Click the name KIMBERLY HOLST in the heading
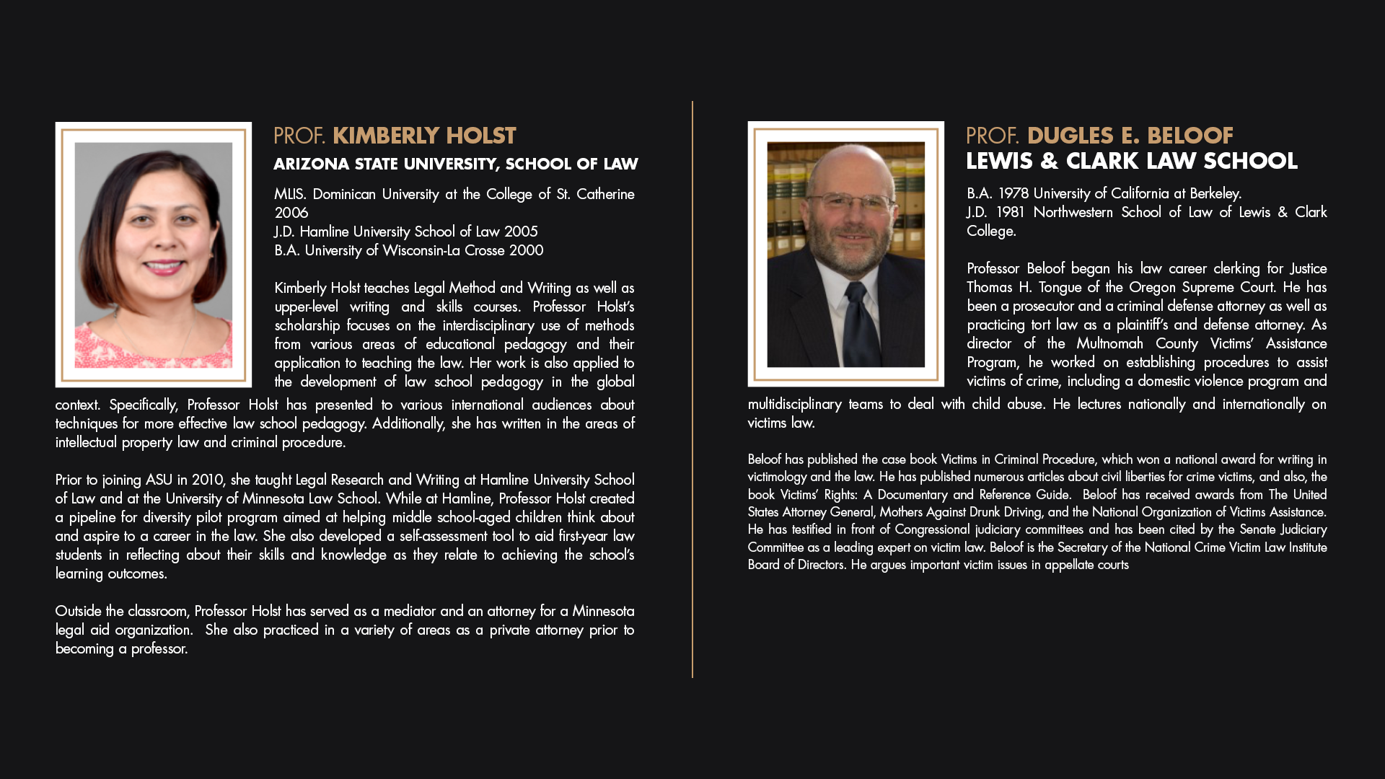pyautogui.click(x=424, y=136)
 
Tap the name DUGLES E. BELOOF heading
pyautogui.click(x=1130, y=136)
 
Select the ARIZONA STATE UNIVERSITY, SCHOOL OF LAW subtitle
pyautogui.click(x=455, y=164)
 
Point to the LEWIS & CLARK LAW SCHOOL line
pyautogui.click(x=1131, y=161)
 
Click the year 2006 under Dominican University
pyautogui.click(x=291, y=213)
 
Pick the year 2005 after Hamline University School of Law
pyautogui.click(x=521, y=232)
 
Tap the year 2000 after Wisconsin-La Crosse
pyautogui.click(x=526, y=250)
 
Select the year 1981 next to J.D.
pyautogui.click(x=1010, y=212)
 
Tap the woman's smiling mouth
pyautogui.click(x=163, y=267)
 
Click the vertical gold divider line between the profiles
pyautogui.click(x=692, y=389)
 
